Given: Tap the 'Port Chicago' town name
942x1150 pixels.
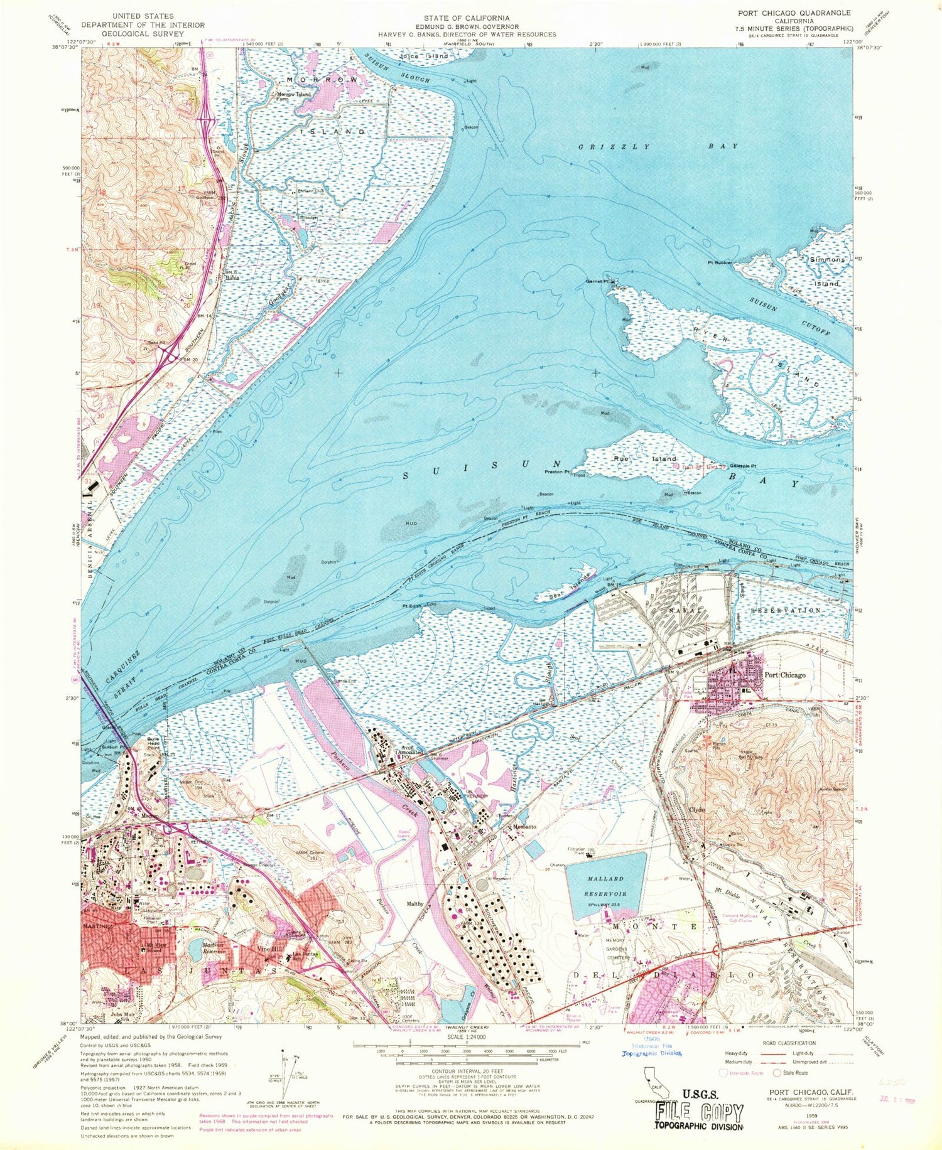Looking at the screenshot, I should coord(785,675).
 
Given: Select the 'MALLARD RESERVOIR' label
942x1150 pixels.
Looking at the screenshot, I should coord(606,886).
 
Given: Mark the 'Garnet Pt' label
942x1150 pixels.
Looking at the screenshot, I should coord(598,281).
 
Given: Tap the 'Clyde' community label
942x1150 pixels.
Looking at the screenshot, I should coord(697,810).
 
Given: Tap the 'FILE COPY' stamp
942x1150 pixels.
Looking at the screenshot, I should coord(699,1113).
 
